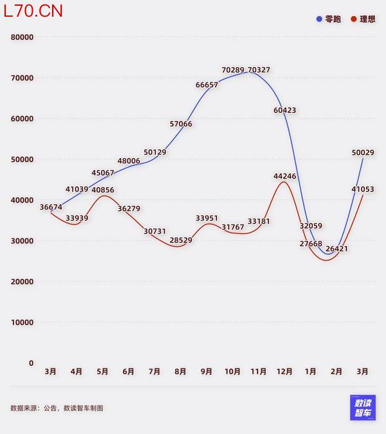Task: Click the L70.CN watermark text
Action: pos(33,11)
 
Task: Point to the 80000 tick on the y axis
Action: pos(23,37)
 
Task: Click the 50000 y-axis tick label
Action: pos(23,159)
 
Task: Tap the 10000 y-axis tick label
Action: pos(23,322)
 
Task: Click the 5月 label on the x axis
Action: pos(102,372)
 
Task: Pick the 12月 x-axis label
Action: pos(284,372)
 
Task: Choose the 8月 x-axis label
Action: pos(180,372)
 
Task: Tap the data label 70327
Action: pos(259,69)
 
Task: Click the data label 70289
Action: pos(233,69)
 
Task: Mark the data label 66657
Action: pos(207,84)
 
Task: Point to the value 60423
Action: pos(284,110)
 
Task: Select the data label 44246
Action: pos(284,176)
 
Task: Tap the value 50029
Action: pos(363,152)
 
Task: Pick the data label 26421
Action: pos(337,248)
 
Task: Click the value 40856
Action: pos(103,190)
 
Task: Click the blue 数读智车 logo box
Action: pos(362,407)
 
